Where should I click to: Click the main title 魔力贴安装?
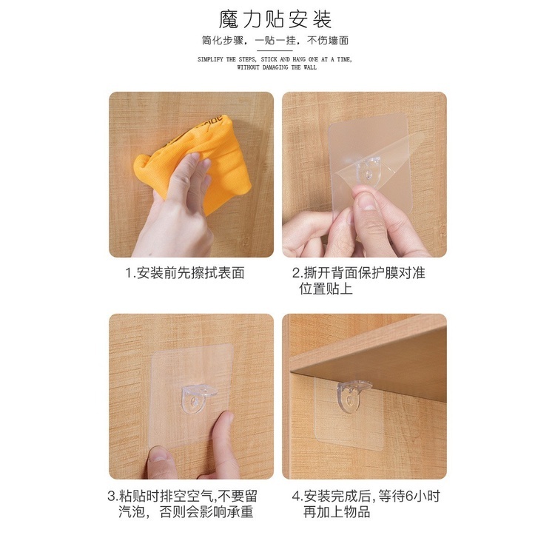click(275, 19)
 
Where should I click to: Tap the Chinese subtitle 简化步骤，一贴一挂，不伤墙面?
click(275, 41)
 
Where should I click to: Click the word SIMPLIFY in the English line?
click(210, 59)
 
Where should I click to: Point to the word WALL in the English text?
click(310, 67)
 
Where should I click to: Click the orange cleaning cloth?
click(198, 159)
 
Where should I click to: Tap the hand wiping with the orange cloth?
click(177, 209)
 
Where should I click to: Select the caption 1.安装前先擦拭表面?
click(185, 273)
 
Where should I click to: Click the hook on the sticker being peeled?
click(369, 171)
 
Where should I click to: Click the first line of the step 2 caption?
click(359, 273)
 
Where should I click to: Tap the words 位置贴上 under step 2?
click(326, 289)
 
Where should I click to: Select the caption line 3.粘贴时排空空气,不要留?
click(183, 496)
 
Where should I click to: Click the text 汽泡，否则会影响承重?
click(186, 512)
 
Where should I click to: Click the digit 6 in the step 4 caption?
click(409, 496)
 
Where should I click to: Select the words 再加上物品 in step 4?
click(337, 512)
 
